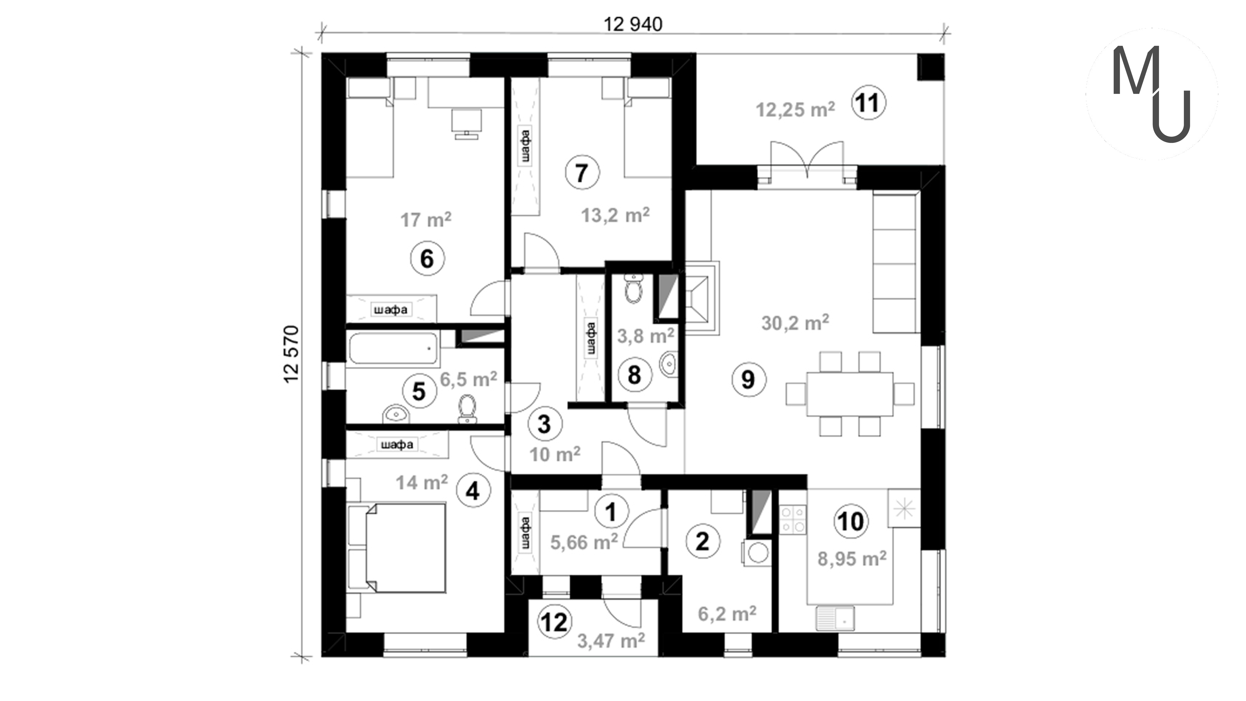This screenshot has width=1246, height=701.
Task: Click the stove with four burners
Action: tap(793, 519)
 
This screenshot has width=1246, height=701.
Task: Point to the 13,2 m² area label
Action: tap(615, 215)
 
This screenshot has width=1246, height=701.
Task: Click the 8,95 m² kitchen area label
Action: tap(852, 559)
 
